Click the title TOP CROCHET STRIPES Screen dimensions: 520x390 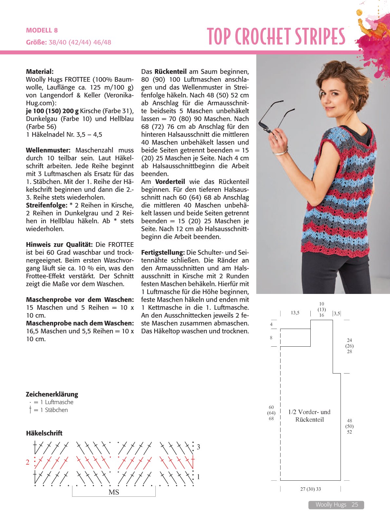[276, 36]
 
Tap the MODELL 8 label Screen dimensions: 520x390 [42, 30]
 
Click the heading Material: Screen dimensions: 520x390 [40, 71]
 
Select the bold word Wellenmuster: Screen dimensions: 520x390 [48, 150]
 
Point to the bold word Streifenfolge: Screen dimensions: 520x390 [47, 205]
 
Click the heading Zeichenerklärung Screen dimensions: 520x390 [52, 394]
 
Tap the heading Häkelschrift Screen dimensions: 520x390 [44, 433]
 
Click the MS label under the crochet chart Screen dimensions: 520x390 [114, 492]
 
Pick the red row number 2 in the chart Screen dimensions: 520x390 [28, 462]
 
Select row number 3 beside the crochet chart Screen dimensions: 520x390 [198, 447]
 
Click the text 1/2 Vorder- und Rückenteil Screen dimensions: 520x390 [309, 416]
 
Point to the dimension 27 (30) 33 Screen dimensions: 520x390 [310, 489]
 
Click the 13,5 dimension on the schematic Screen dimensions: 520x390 [295, 313]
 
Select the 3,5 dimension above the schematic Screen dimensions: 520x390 [337, 314]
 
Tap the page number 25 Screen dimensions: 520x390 [355, 505]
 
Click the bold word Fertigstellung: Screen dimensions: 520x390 [163, 253]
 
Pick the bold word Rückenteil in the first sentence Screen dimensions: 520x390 [170, 71]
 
